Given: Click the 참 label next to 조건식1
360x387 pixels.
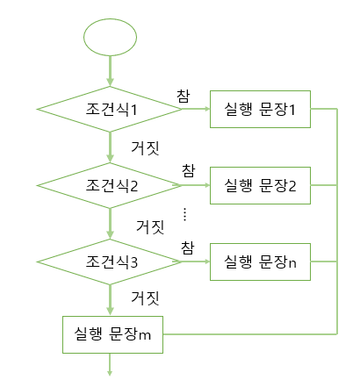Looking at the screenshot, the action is point(184,97).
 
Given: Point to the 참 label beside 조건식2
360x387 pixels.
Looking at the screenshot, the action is point(189,170).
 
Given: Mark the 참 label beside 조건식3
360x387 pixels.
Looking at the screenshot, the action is point(188,247).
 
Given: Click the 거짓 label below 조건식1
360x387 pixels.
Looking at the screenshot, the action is point(145,148).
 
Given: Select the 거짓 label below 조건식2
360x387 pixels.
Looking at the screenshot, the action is point(150,227).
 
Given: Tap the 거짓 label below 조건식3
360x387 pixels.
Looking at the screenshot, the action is point(145,298).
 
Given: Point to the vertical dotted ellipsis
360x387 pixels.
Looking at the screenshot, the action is point(184,214).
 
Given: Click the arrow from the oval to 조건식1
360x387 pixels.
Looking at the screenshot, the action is point(110,71).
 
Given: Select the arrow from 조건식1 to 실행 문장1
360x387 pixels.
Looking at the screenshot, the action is point(196,109).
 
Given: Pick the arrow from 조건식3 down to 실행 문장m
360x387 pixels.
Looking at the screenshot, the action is point(110,300).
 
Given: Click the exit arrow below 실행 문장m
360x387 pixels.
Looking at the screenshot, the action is point(110,364).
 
